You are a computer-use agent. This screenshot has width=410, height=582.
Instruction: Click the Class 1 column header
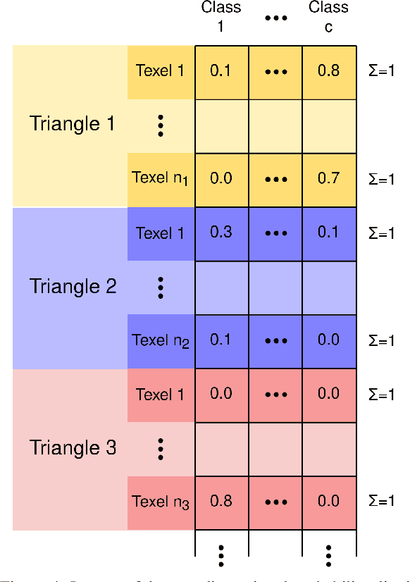click(x=221, y=17)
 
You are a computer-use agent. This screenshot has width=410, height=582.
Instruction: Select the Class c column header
click(x=328, y=17)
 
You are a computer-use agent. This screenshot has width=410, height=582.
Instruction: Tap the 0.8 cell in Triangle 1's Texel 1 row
click(x=328, y=70)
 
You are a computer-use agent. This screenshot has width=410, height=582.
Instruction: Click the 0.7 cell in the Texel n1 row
click(x=328, y=178)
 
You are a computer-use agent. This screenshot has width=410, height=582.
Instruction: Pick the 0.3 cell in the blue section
click(x=221, y=233)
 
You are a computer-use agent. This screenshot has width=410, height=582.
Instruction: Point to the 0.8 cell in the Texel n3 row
click(x=221, y=502)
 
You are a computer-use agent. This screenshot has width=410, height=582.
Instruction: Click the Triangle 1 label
click(x=73, y=125)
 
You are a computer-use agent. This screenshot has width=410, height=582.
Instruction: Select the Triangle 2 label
click(x=73, y=287)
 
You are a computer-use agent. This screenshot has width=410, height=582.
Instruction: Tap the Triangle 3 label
click(x=73, y=447)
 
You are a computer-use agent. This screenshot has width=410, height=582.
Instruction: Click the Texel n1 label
click(x=161, y=178)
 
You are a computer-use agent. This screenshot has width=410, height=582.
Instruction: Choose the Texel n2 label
click(x=161, y=341)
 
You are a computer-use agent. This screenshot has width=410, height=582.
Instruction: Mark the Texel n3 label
click(x=161, y=502)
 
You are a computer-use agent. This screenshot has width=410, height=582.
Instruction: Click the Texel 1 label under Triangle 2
click(x=160, y=233)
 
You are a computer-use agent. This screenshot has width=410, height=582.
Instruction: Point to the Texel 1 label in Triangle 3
click(x=160, y=395)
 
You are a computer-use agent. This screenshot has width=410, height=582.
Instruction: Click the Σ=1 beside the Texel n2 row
click(x=382, y=341)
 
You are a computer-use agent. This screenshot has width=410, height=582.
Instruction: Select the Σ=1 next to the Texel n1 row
click(x=382, y=179)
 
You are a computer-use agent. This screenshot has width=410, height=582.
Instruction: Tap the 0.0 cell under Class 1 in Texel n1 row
click(x=221, y=178)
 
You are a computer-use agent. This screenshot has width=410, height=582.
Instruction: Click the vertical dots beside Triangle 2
click(x=161, y=287)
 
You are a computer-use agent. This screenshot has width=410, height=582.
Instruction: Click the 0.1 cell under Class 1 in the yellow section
click(x=221, y=70)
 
